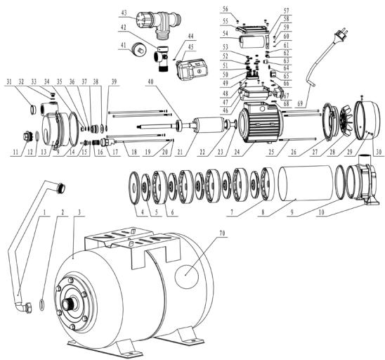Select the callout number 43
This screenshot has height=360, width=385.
pyautogui.click(x=123, y=13)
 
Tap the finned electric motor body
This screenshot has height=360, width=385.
pyautogui.click(x=261, y=125)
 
